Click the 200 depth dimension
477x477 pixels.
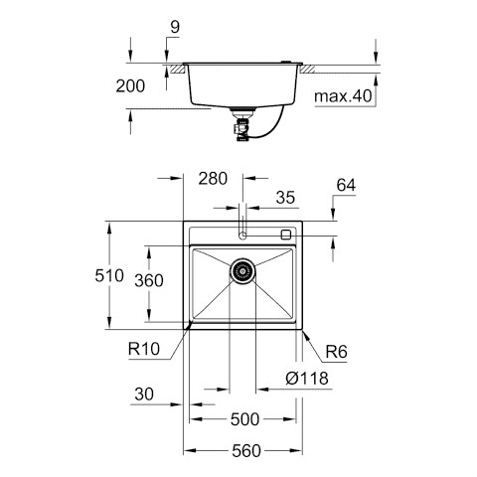(130, 86)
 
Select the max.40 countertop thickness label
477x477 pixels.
(343, 96)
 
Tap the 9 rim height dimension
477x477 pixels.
(175, 27)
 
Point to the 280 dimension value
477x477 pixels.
(213, 179)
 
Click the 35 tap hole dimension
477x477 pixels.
(285, 198)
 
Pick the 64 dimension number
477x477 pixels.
(346, 185)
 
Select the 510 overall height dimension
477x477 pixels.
(109, 275)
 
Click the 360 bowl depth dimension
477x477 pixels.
(149, 281)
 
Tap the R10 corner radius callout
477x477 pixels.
(144, 349)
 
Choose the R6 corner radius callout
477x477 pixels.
(336, 352)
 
